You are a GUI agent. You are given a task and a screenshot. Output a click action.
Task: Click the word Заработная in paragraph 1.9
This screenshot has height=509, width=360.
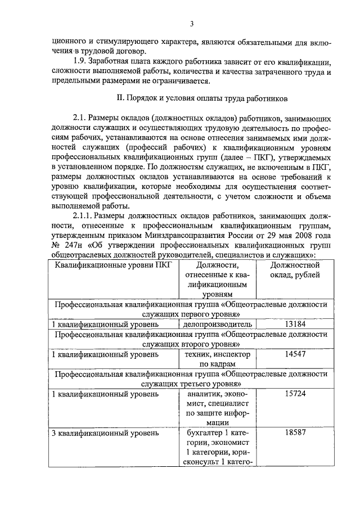111,61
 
